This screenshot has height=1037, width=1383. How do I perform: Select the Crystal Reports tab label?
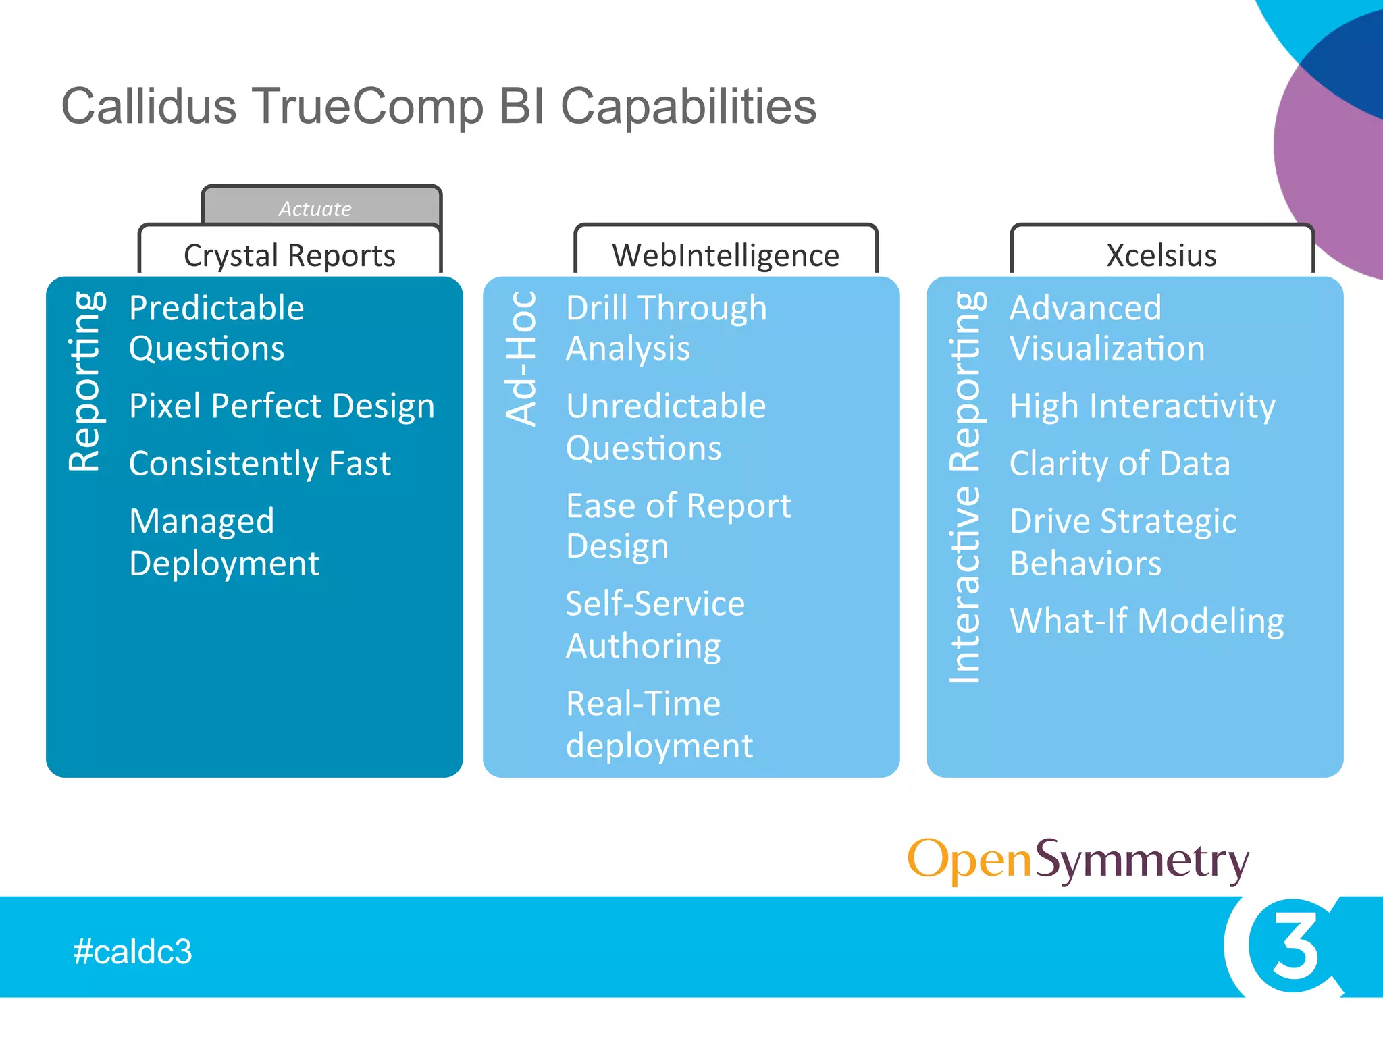pos(290,255)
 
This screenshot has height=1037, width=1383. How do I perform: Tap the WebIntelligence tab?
pos(725,255)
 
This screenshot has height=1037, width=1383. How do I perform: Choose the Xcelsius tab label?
pos(1162,255)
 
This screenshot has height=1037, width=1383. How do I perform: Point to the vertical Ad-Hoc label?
pos(521,358)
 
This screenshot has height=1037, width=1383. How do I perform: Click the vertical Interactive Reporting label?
pos(965,486)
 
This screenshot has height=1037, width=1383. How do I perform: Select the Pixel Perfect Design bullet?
pos(282,406)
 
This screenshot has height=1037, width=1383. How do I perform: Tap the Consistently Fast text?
pos(260,464)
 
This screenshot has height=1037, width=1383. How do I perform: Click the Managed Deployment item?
pos(224,542)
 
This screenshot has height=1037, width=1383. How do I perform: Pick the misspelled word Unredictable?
pos(666,406)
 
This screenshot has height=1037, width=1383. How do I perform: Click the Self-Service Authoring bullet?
pos(655,624)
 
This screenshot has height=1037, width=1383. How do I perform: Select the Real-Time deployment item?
pos(659,724)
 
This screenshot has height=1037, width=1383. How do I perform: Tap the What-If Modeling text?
pos(1147,620)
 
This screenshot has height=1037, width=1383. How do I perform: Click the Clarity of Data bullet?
pos(1120,464)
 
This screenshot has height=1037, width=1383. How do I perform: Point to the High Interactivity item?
pos(1142,406)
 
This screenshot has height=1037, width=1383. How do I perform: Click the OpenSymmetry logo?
pos(1078,861)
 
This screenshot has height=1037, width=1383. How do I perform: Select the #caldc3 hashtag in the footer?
pos(133,951)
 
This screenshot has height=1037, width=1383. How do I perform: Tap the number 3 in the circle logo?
pos(1295,946)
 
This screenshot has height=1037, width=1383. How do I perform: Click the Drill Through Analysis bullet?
pos(666,328)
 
